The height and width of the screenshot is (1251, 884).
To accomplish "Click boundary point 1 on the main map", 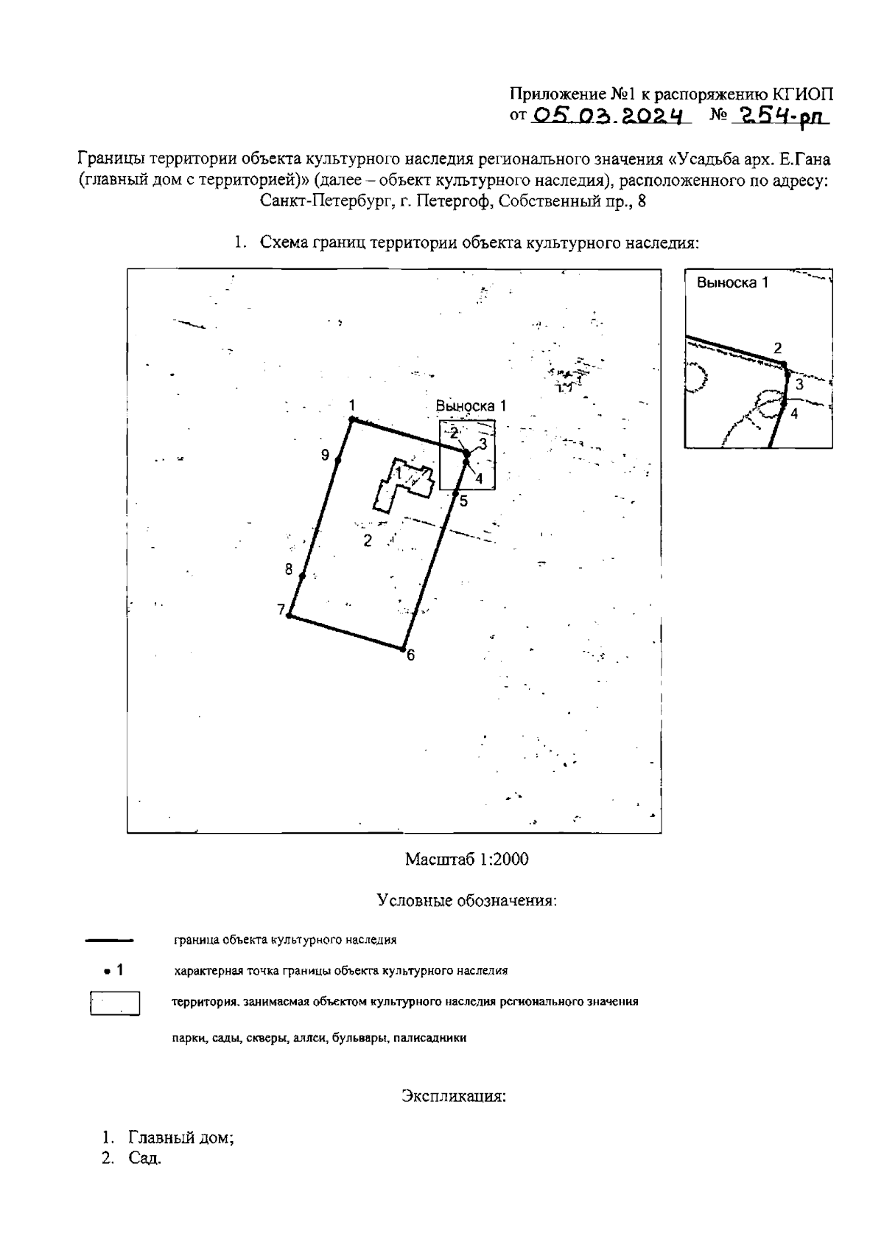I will (x=352, y=419).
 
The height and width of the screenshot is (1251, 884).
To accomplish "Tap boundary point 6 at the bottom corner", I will (x=403, y=649).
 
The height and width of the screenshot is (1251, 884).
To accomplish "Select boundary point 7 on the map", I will (x=290, y=616).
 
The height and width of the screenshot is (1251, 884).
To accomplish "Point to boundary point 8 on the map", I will (x=302, y=576).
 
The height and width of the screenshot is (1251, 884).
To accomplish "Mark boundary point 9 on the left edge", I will (x=338, y=460).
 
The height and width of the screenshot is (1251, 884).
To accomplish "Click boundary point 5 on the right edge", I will (x=455, y=492).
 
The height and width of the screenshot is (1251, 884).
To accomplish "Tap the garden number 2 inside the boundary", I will (x=368, y=541).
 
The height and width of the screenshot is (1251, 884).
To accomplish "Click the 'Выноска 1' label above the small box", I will (x=471, y=406).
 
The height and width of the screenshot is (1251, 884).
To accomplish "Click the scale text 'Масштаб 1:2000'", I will (x=466, y=860).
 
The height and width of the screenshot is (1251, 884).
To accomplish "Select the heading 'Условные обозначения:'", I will (x=466, y=901).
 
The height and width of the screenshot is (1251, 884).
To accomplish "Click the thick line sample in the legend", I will (x=109, y=941).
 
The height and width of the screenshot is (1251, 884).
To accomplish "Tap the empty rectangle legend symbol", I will (x=115, y=1003).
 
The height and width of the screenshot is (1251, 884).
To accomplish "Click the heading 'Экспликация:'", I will (x=454, y=1096).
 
